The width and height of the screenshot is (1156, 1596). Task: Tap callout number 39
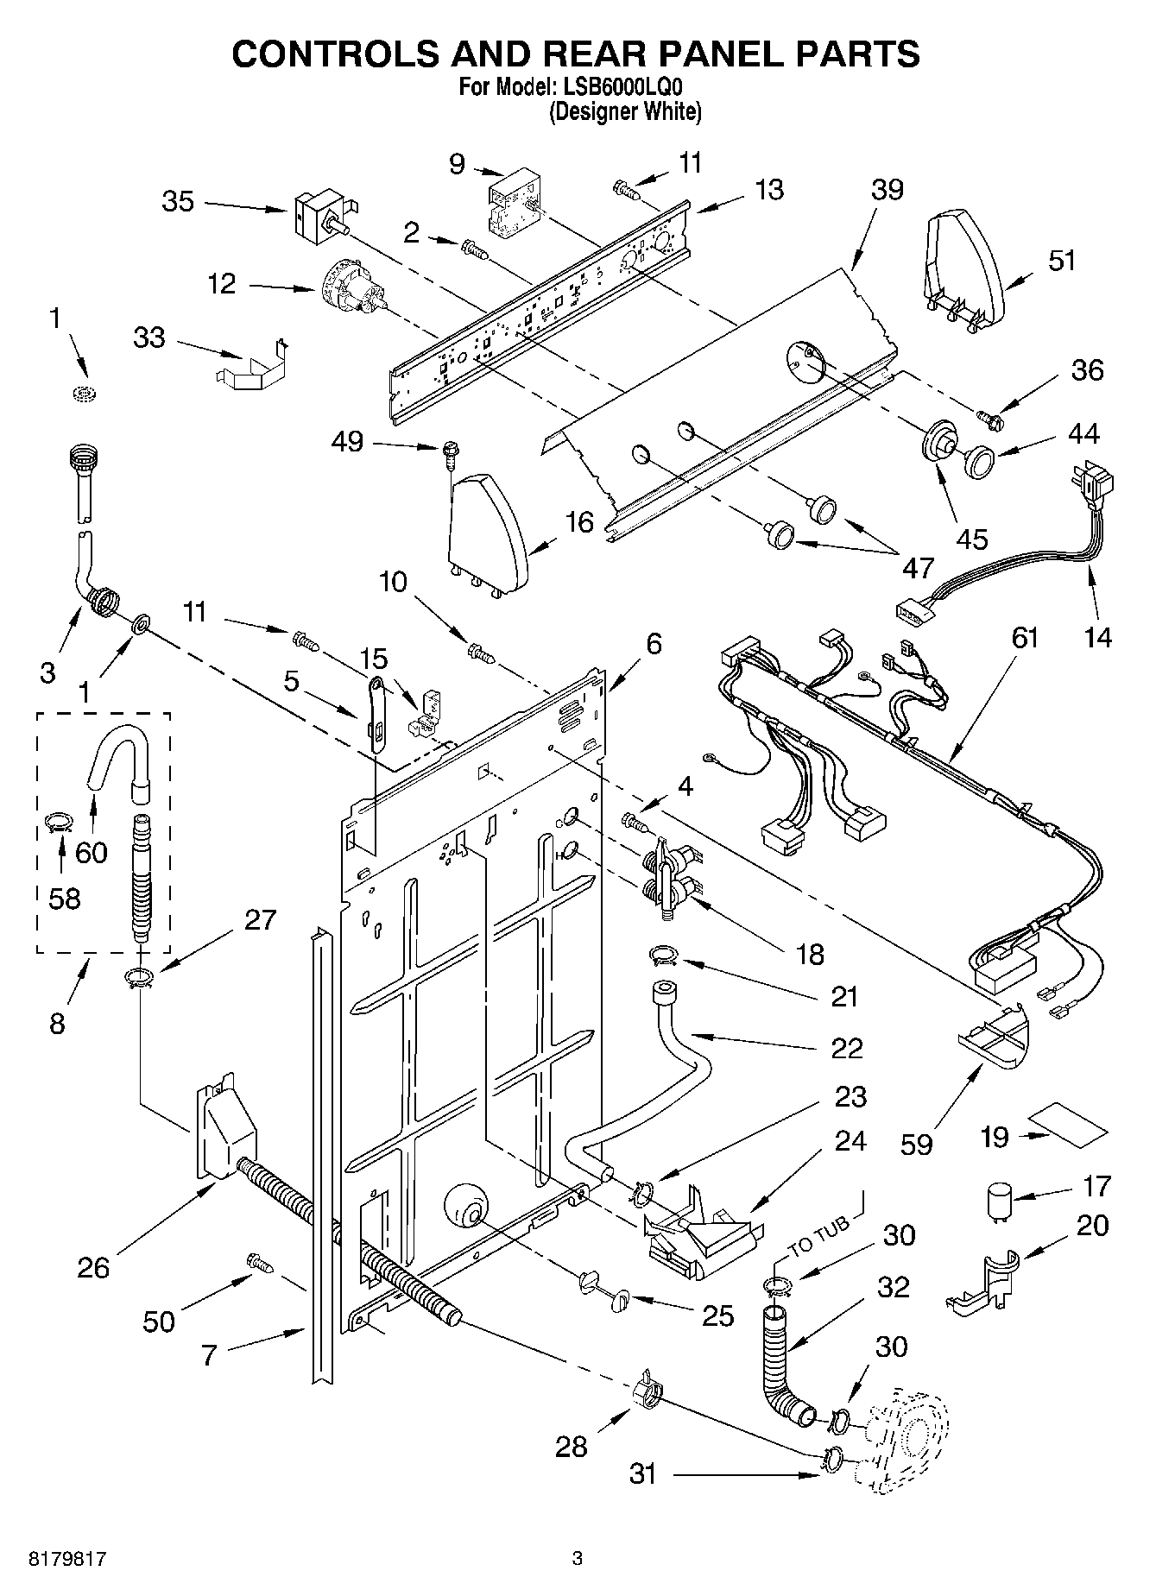887,190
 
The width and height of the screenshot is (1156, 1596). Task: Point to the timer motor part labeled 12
352,288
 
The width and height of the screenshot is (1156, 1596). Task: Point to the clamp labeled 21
662,954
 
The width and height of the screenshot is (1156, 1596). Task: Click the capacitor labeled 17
1001,1202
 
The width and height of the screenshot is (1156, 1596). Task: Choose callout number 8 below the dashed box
57,1024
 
